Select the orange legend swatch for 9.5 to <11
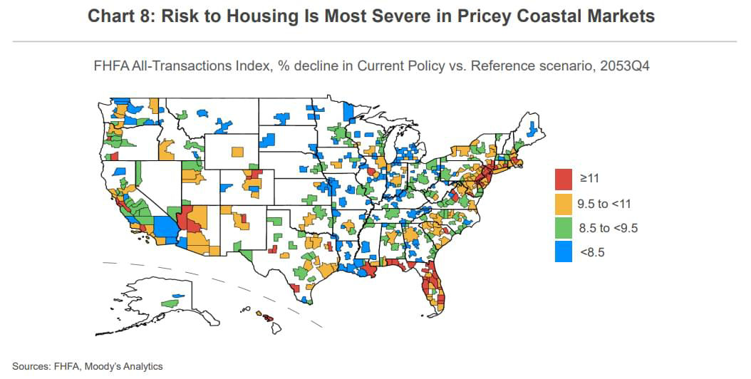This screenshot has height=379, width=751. (x=564, y=204)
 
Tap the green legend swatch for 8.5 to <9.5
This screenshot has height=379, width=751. (x=564, y=228)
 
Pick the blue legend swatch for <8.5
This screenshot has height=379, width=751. (x=564, y=251)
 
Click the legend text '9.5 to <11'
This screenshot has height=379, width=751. (x=604, y=204)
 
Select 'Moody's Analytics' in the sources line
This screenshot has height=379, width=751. (x=123, y=366)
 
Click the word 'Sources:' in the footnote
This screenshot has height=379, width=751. (x=32, y=366)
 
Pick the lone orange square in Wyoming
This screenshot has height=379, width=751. (x=237, y=151)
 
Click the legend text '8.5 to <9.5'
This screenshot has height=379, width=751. (x=608, y=228)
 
